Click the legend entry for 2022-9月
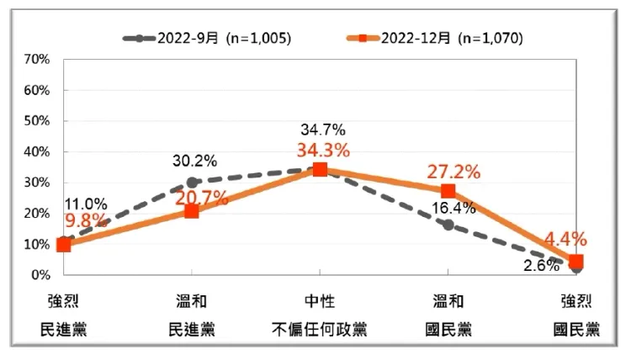click(x=207, y=39)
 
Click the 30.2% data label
click(x=194, y=161)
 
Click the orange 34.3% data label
click(x=322, y=151)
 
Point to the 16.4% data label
click(x=453, y=208)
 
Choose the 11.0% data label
click(x=85, y=204)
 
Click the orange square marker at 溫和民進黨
click(x=192, y=211)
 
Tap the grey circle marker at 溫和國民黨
click(x=448, y=225)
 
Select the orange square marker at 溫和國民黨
click(x=448, y=191)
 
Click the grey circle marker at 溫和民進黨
click(x=192, y=182)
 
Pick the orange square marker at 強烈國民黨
click(x=576, y=262)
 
